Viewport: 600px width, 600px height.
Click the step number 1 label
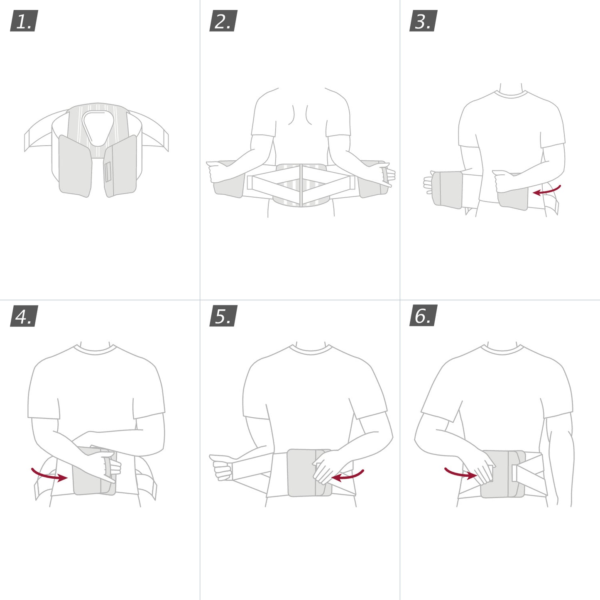[x=24, y=21]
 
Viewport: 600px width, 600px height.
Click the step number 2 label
[x=223, y=21]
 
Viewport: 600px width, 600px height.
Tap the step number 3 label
[x=423, y=21]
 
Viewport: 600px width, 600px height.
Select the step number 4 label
[x=24, y=316]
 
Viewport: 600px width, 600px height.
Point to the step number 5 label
[x=223, y=316]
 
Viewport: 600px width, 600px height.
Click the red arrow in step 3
[x=547, y=191]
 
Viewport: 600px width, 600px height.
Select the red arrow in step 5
[x=348, y=476]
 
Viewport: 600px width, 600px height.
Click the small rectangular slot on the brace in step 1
[x=108, y=172]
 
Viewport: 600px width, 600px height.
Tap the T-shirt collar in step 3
[x=511, y=95]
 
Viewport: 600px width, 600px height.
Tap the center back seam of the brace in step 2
[x=301, y=185]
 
